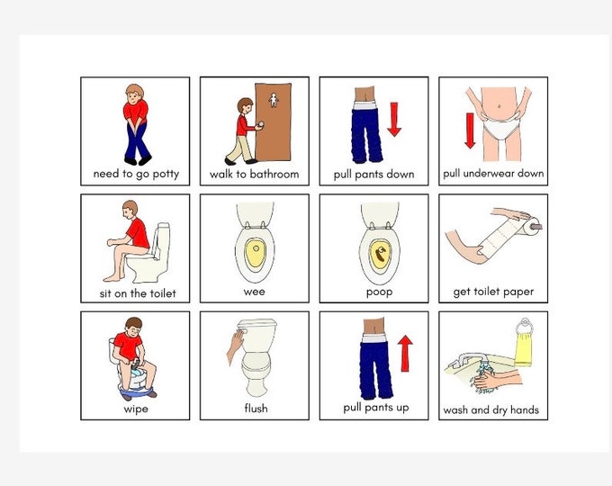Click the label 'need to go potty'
[135, 174]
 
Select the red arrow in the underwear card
[469, 129]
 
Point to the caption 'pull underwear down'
[493, 174]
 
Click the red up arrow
[404, 354]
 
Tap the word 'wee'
[255, 292]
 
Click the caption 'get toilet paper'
[493, 292]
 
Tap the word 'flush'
[255, 409]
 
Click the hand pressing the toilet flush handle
[234, 346]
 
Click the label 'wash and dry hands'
[491, 410]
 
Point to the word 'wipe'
[135, 409]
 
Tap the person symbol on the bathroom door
[274, 100]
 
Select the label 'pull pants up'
[376, 408]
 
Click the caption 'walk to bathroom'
[254, 174]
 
